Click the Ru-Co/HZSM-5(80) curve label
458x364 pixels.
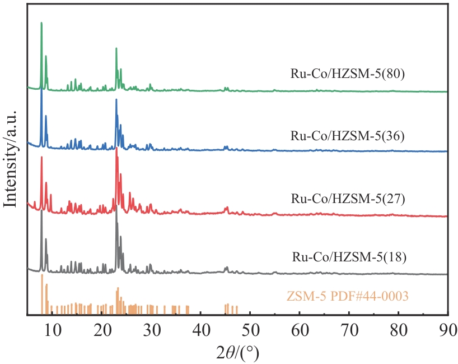(347, 73)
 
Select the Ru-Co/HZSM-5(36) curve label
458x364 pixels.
(347, 136)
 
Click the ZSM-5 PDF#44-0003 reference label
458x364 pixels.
(348, 296)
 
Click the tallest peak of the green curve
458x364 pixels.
(41, 24)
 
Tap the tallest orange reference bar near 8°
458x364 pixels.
(42, 275)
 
